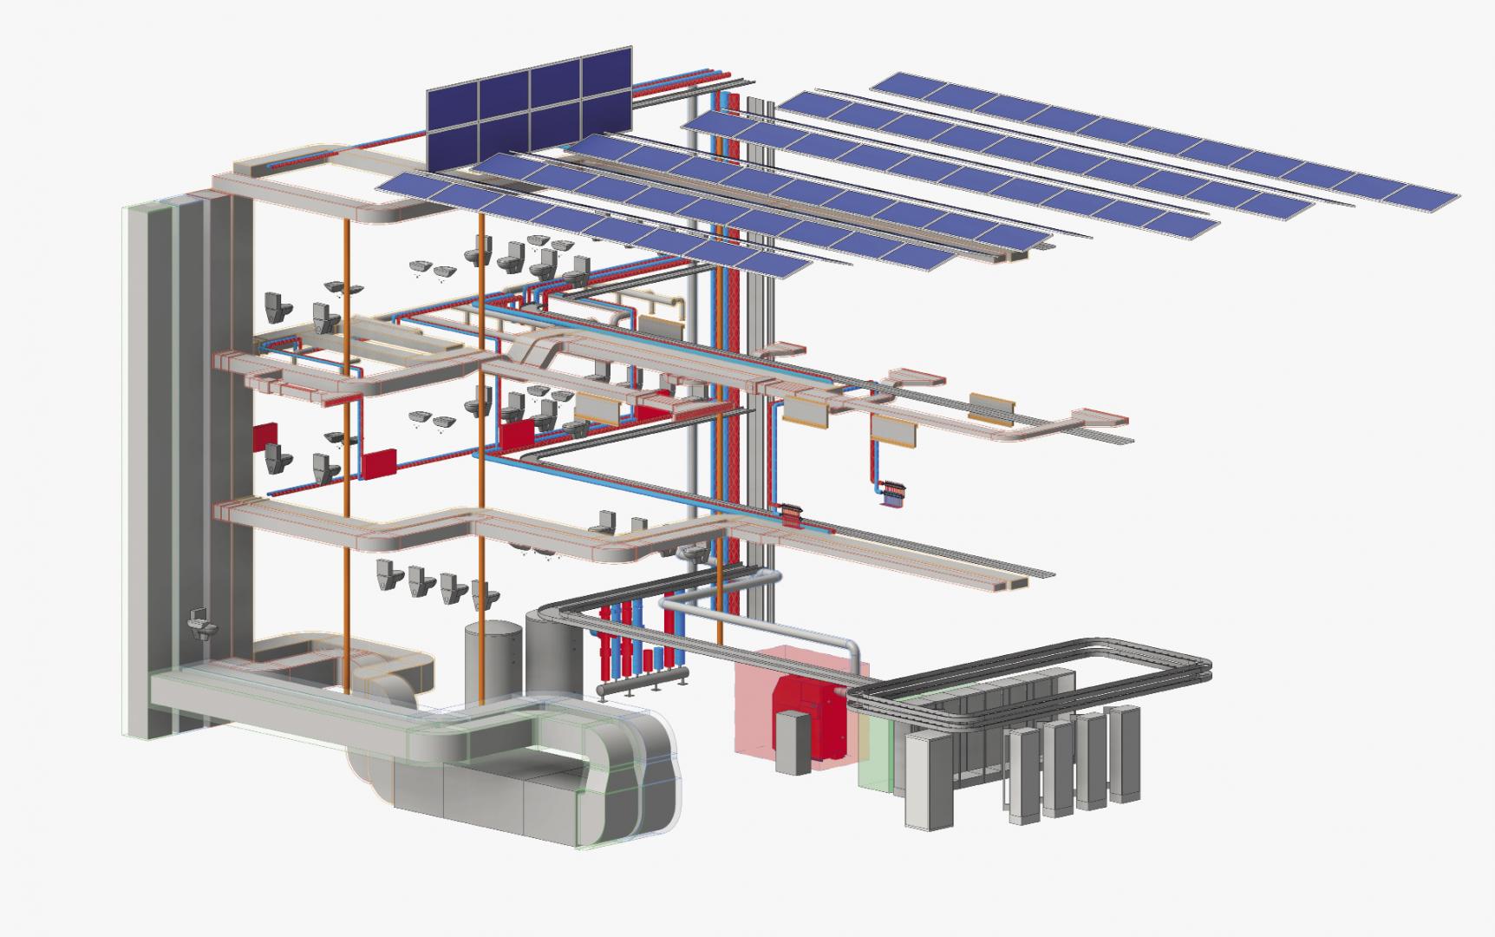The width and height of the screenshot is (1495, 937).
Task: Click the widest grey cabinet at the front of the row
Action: click(928, 781)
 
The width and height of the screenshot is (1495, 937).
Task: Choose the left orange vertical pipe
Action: click(348, 451)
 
